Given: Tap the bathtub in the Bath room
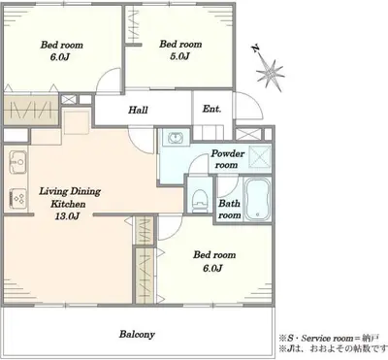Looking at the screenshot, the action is [257, 200].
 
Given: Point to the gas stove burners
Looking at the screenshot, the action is [18, 198].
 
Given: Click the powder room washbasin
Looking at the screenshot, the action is [176, 138].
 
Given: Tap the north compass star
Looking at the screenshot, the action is [271, 74].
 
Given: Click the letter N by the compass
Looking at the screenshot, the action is [256, 49].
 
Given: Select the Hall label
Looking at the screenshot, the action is [138, 110].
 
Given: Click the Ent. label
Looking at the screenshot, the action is [211, 109].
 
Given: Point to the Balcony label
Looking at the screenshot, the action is [137, 334].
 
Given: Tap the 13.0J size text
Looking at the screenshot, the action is [67, 216].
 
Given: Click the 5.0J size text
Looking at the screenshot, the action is [179, 56].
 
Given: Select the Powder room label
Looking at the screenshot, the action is [227, 159].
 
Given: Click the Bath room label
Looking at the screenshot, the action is [229, 209].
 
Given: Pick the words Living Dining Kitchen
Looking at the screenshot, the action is [70, 197].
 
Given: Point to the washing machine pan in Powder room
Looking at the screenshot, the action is [260, 156].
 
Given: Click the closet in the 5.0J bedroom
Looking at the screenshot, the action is [134, 24].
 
